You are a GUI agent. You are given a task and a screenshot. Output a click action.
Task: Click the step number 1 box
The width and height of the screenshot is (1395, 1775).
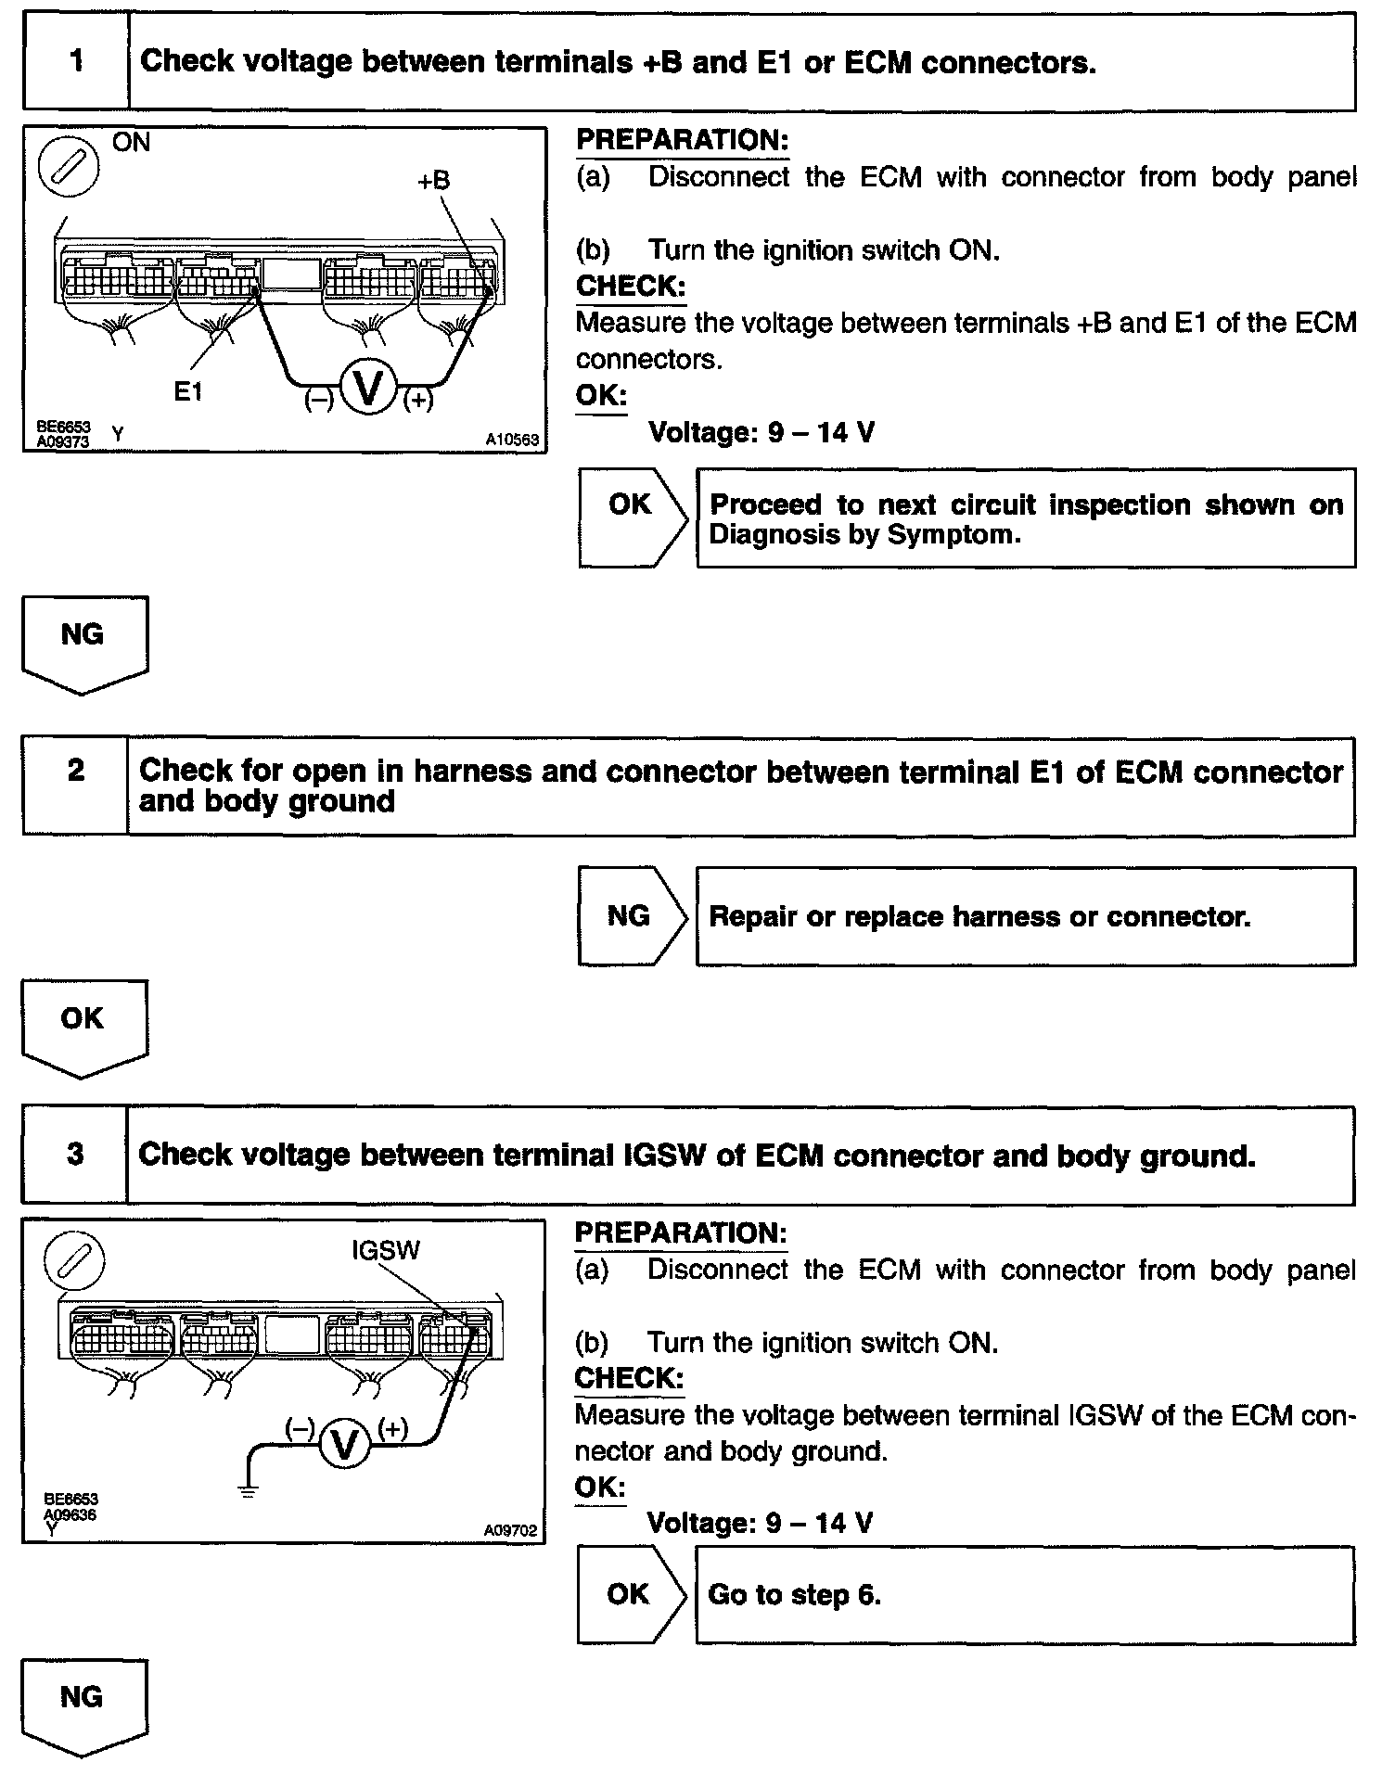76,62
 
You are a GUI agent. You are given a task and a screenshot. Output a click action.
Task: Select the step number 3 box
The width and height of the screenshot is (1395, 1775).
75,1155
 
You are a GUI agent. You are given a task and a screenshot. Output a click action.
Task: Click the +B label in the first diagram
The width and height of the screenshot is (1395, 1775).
433,181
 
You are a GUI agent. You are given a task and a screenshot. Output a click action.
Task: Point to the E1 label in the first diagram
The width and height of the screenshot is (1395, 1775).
188,392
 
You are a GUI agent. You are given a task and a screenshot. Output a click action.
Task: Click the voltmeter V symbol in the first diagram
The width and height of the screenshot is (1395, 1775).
368,389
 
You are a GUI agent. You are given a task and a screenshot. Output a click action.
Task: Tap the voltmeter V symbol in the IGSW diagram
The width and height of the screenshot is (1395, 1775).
344,1445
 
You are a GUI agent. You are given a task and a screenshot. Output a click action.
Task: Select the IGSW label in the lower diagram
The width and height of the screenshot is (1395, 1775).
386,1250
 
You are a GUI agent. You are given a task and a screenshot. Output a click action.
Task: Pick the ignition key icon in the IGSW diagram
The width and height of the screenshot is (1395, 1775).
74,1261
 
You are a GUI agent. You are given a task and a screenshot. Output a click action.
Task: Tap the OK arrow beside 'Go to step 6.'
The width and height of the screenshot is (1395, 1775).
631,1594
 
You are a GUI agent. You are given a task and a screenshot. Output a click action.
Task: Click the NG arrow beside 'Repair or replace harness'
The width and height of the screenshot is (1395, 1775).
631,916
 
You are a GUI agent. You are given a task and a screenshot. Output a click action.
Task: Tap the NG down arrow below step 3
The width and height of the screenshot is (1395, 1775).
83,1704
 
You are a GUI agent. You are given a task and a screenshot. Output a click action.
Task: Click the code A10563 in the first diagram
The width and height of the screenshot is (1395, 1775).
512,441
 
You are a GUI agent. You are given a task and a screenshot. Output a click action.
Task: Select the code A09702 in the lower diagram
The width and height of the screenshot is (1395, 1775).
510,1531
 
